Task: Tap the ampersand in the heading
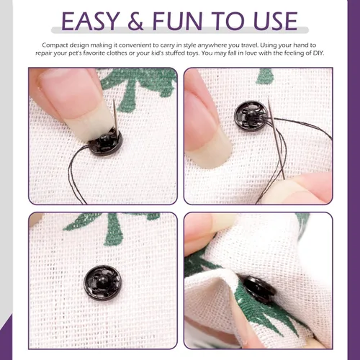(135, 21)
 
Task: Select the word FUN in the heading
(177, 21)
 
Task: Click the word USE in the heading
(276, 21)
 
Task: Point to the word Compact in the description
(55, 45)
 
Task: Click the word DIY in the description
(318, 53)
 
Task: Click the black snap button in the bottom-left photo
(103, 283)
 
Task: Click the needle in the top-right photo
(276, 139)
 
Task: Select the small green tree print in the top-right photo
(265, 77)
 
